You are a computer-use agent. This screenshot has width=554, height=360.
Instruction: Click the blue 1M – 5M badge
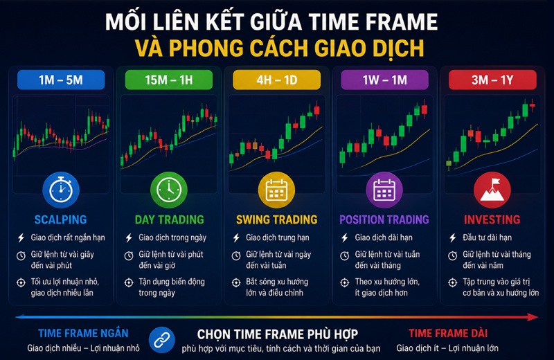click(61, 80)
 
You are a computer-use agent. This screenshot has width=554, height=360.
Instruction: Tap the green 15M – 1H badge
click(169, 80)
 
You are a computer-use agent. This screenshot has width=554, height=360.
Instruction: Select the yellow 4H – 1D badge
click(276, 80)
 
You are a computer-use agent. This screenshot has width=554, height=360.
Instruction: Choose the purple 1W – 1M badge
click(384, 80)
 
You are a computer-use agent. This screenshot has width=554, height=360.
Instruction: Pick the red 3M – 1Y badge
click(492, 80)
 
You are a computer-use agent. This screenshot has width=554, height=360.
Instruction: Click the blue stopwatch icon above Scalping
click(61, 190)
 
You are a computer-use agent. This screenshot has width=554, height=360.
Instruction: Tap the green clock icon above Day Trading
click(169, 190)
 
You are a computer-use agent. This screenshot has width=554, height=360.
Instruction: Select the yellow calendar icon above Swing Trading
click(276, 190)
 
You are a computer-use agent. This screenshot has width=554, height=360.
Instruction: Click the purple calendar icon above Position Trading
click(384, 190)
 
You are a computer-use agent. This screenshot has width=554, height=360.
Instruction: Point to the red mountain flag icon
click(492, 190)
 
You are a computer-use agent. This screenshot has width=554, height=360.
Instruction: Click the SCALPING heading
click(60, 219)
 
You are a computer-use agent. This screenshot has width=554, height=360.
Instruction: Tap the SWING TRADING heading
click(276, 219)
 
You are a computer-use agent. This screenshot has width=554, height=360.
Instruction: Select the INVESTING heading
click(492, 219)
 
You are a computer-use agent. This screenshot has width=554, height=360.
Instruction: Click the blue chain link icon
click(162, 340)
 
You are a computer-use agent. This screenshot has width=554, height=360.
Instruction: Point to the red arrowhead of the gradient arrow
click(533, 317)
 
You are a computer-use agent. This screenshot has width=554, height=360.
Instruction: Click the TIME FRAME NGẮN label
click(83, 333)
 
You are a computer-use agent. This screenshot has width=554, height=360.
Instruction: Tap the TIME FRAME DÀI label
click(448, 333)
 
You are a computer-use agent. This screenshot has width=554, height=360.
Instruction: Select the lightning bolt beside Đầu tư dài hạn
click(453, 237)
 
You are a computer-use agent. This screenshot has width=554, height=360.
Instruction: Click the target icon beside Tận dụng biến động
click(129, 282)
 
